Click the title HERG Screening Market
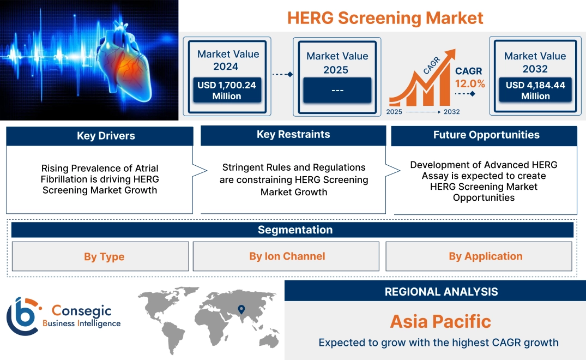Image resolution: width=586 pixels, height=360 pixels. click(x=385, y=17)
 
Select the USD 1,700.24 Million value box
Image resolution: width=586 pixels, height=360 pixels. click(x=226, y=90)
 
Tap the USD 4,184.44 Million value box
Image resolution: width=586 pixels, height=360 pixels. click(x=535, y=90)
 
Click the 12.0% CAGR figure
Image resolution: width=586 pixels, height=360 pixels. click(x=470, y=83)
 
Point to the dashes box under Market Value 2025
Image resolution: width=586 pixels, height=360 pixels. click(x=337, y=90)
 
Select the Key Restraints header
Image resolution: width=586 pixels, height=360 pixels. click(x=293, y=135)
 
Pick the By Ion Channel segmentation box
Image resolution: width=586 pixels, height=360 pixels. click(x=287, y=256)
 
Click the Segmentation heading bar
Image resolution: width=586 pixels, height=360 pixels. click(x=294, y=230)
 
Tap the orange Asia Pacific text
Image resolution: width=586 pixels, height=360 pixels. click(x=440, y=321)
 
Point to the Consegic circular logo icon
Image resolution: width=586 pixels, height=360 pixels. click(x=23, y=316)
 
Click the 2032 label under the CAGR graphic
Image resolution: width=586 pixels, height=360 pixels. click(x=451, y=112)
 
